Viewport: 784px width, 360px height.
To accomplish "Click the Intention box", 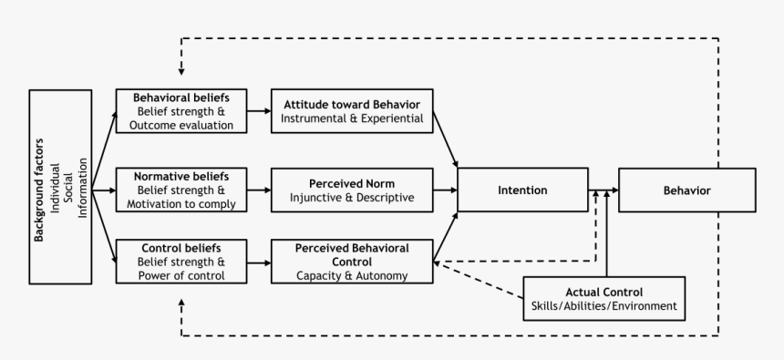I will pyautogui.click(x=522, y=190).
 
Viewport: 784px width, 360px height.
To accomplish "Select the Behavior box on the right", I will pyautogui.click(x=686, y=190).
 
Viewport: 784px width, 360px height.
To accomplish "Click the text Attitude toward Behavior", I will pyautogui.click(x=352, y=104).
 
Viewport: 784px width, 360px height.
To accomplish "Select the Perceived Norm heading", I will pyautogui.click(x=352, y=183).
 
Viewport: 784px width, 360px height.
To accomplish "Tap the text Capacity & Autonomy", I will pyautogui.click(x=352, y=275).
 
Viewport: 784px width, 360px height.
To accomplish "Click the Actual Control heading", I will pyautogui.click(x=604, y=291).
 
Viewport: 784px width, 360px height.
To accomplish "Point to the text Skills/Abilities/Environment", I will pyautogui.click(x=604, y=305).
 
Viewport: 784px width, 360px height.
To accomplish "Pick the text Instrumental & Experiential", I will pyautogui.click(x=352, y=118).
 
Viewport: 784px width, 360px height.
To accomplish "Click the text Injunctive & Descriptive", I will pyautogui.click(x=352, y=198).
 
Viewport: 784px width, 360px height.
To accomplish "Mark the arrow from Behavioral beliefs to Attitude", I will pyautogui.click(x=259, y=111).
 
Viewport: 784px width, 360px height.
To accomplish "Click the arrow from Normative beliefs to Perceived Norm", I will pyautogui.click(x=259, y=190).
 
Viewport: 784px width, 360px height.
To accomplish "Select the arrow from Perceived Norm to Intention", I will pyautogui.click(x=445, y=190).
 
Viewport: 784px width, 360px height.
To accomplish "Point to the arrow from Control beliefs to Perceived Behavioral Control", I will pyautogui.click(x=259, y=262).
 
